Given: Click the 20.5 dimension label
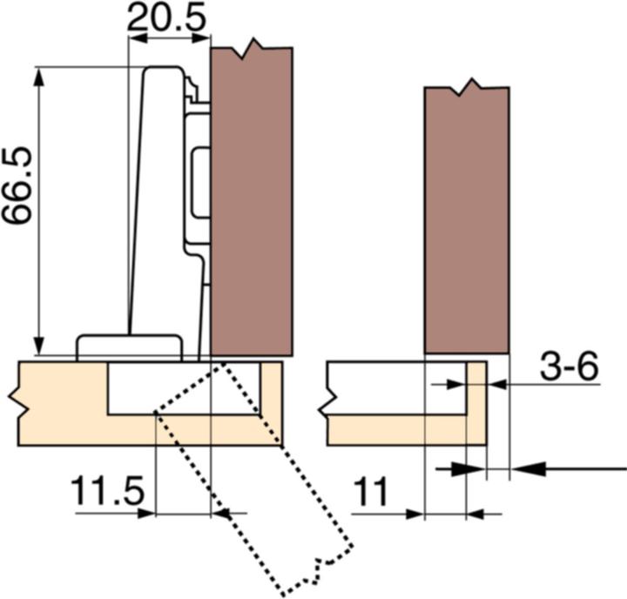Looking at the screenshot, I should point(168,17).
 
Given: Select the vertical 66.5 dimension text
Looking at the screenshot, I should point(19,185).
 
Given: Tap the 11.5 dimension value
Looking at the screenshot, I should point(105,493).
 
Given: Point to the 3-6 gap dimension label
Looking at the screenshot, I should point(569,368).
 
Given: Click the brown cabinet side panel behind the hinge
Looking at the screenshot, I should point(252,200).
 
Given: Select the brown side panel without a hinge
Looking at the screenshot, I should point(467,218).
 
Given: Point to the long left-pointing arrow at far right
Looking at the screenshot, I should point(566,468).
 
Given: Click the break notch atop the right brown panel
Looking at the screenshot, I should point(469,87).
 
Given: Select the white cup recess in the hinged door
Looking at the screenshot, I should point(183,387).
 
